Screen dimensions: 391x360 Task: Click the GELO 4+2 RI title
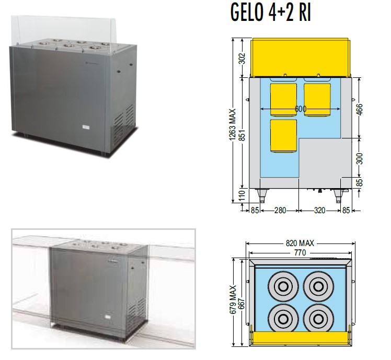tap(271, 12)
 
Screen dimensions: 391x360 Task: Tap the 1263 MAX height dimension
tap(233, 125)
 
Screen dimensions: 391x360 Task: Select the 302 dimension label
tap(243, 58)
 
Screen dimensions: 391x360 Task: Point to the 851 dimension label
tap(243, 135)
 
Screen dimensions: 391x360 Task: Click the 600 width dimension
tap(300, 109)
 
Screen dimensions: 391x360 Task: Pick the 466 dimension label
tap(359, 109)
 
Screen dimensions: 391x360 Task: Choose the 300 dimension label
tap(359, 158)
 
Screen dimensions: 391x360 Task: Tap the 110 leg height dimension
tap(243, 195)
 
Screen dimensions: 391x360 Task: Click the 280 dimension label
tap(280, 211)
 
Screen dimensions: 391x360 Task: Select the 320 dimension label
tap(320, 211)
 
